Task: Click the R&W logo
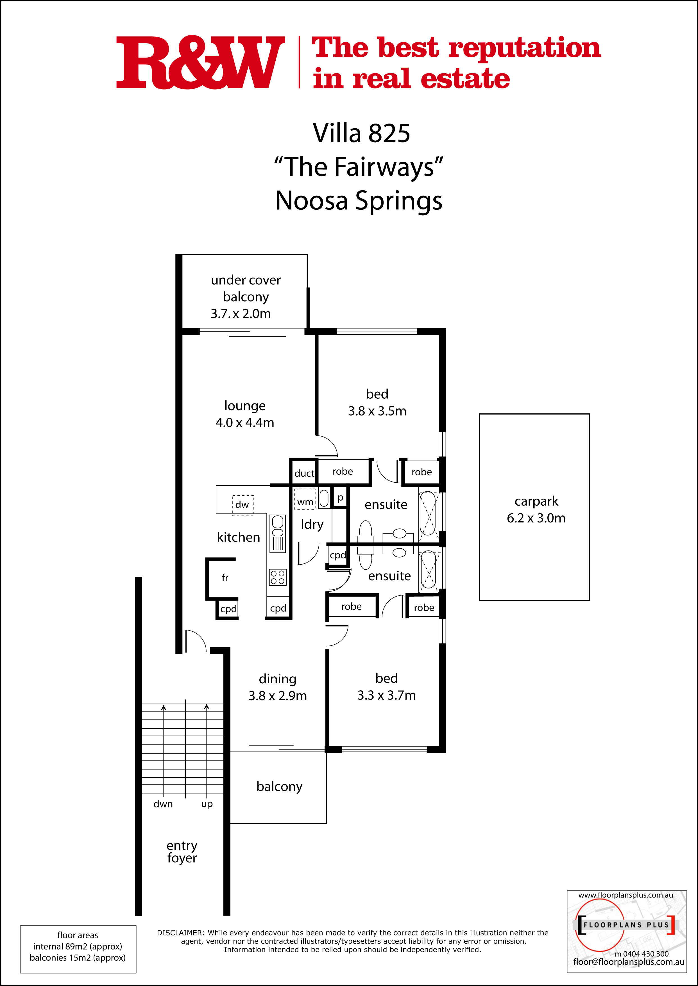tap(200, 62)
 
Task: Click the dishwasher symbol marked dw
tap(243, 505)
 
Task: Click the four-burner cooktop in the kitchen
tap(278, 577)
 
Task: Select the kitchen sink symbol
tap(278, 533)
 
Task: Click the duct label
tap(304, 473)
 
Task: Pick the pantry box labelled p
tap(340, 498)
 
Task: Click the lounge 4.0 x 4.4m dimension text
tap(244, 423)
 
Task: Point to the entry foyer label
tap(182, 852)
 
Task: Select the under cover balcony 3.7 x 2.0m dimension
tap(241, 314)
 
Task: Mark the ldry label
tap(312, 525)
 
